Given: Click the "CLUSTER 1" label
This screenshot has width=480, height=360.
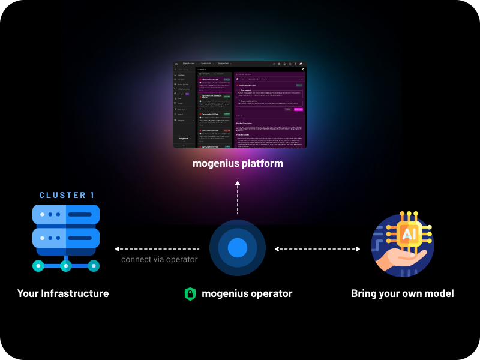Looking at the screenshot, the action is (x=67, y=195).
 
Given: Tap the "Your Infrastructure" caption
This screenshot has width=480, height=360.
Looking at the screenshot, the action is (x=63, y=293).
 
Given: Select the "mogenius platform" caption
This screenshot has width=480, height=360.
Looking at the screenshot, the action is (x=238, y=163).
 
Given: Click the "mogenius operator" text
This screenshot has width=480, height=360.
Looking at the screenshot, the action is (x=247, y=293).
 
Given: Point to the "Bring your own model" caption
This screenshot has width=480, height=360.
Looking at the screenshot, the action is (x=402, y=293).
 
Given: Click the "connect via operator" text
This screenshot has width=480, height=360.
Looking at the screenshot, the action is (x=159, y=260).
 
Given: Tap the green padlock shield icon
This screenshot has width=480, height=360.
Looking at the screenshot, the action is (x=190, y=294).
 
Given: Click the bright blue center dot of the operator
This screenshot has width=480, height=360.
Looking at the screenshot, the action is (x=238, y=248).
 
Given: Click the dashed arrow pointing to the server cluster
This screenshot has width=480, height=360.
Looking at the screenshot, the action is (x=157, y=248).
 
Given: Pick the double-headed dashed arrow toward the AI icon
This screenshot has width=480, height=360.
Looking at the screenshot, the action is (x=317, y=248).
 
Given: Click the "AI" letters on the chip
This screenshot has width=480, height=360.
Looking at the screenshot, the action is (x=408, y=234).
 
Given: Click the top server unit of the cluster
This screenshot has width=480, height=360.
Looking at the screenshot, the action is (x=66, y=214).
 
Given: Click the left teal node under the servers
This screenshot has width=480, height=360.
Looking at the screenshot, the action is (x=38, y=265).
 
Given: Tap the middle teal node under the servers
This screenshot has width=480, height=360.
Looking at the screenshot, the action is (x=66, y=265).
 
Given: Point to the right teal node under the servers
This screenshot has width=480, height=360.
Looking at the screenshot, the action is (x=94, y=265).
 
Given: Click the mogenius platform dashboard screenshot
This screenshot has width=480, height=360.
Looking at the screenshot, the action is (x=239, y=104).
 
